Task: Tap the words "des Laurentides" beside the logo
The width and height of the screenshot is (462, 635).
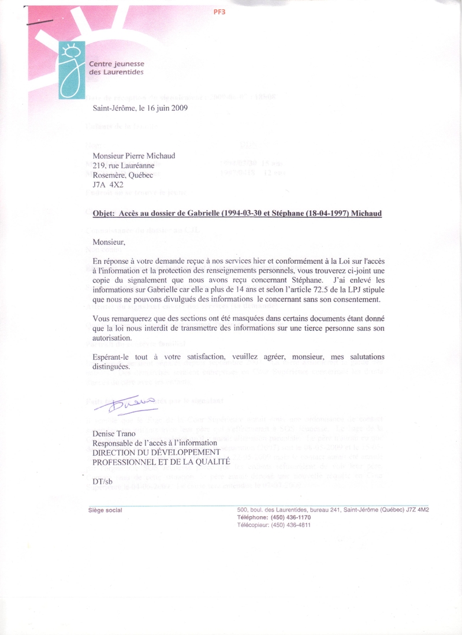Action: point(116,72)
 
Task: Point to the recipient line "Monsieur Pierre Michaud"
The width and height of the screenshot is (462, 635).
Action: point(135,155)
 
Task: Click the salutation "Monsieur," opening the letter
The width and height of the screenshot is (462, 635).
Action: point(109,242)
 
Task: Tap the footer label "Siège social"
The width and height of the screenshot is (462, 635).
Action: point(105,510)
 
